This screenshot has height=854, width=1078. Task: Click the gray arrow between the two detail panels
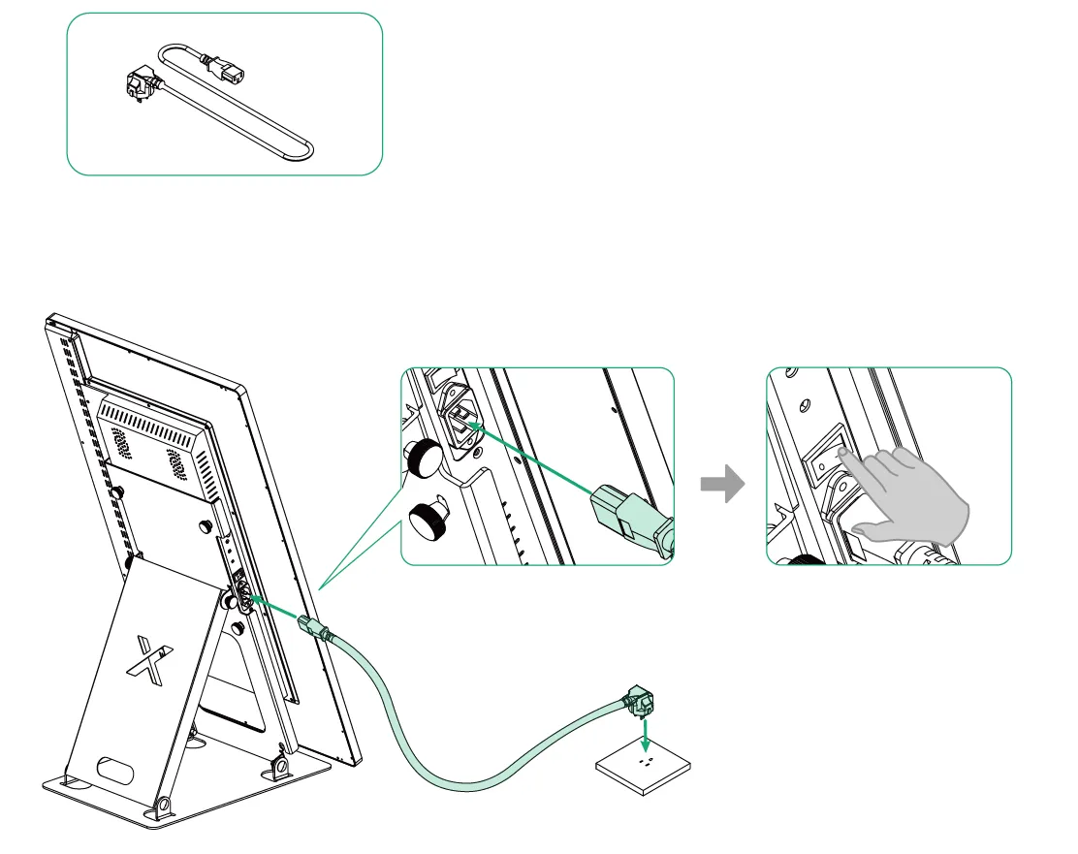722,486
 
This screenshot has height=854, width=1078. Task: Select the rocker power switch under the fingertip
826,463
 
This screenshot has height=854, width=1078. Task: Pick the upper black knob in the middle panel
424,457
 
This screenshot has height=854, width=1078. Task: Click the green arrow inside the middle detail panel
533,459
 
